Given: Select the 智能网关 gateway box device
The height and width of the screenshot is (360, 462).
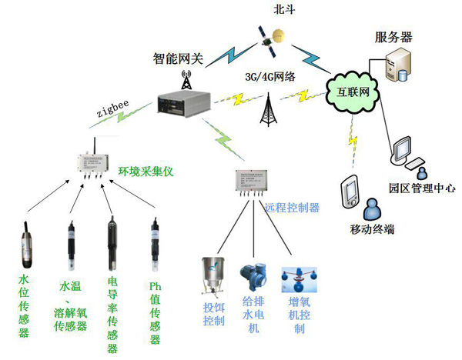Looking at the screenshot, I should (182, 104).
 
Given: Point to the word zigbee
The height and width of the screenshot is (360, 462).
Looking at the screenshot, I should (114, 112).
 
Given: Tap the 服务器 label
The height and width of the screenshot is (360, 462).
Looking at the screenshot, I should (394, 37).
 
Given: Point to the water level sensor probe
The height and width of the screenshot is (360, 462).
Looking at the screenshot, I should (25, 238).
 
